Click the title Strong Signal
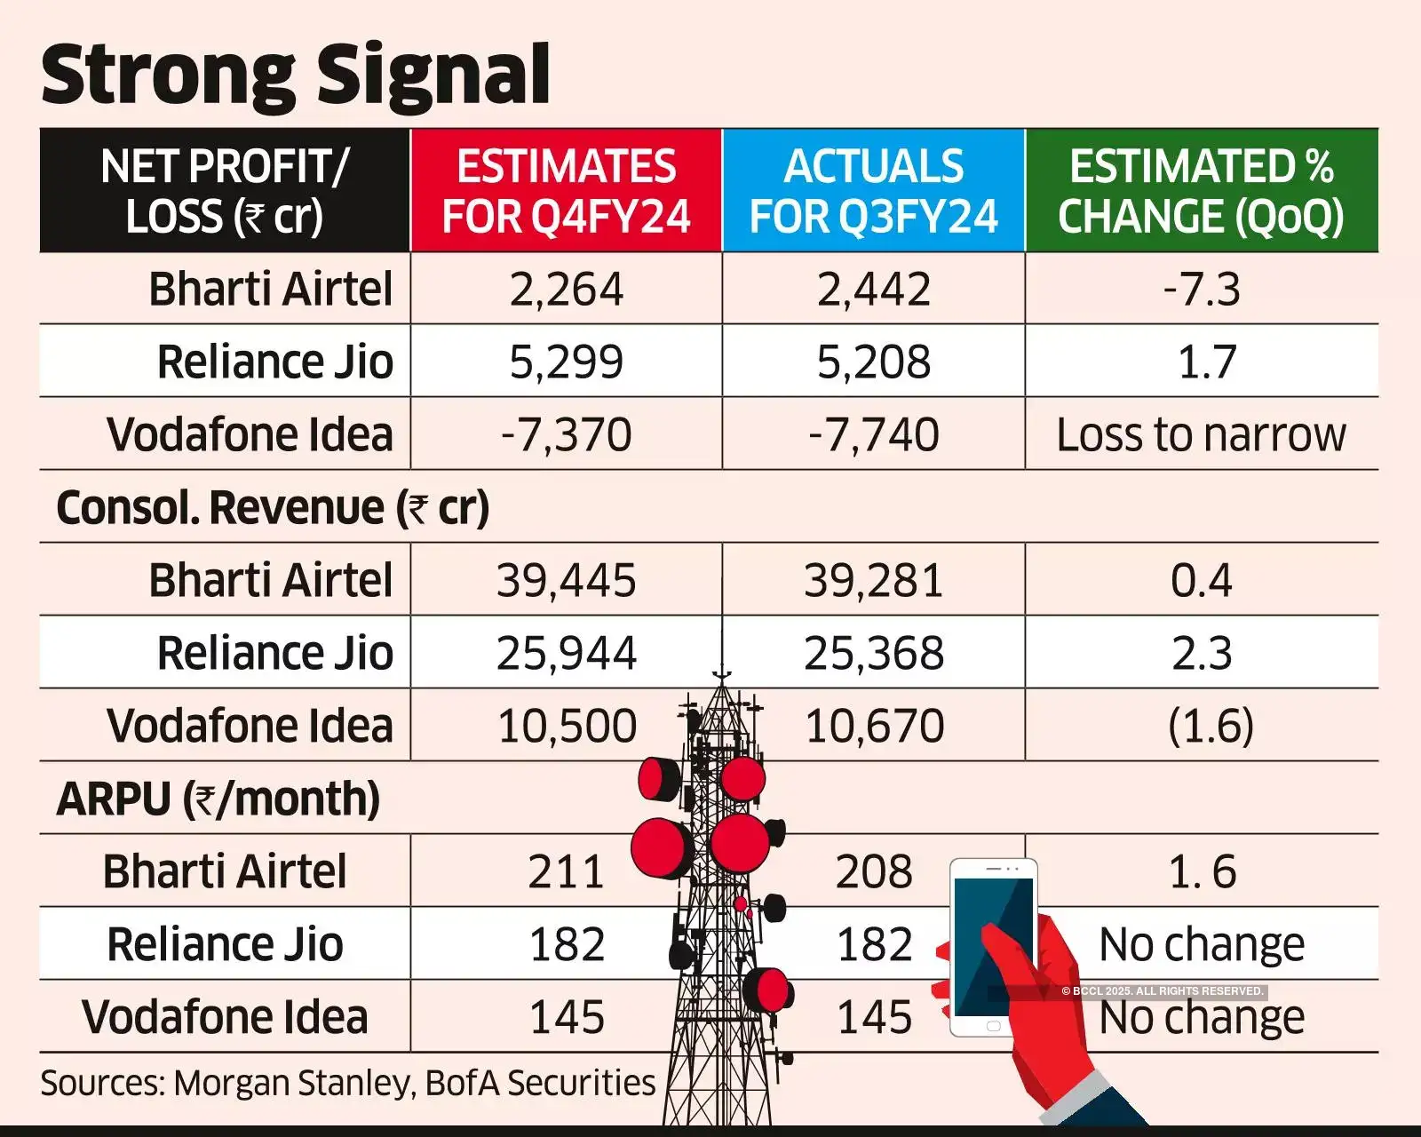295,75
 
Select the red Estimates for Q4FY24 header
566,191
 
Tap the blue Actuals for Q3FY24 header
874,191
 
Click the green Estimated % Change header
1201,191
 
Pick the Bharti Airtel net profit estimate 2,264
566,290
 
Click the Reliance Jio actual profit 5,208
874,362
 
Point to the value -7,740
874,435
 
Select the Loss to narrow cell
1201,435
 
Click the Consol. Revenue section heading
273,508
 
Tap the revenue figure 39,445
566,581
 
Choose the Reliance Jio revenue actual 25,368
874,654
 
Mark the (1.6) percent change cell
1210,727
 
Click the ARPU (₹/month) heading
218,799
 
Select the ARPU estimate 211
566,872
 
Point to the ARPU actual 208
874,872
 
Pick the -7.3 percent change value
1201,290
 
